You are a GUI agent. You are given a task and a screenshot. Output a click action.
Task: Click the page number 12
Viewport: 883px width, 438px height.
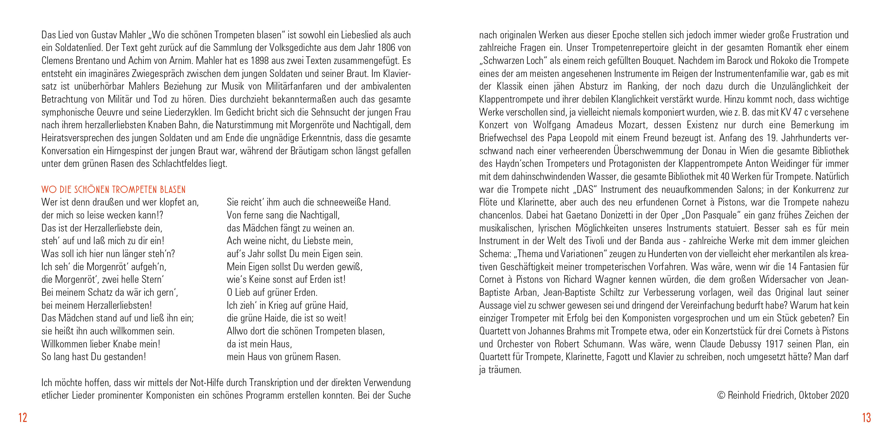[x=23, y=417]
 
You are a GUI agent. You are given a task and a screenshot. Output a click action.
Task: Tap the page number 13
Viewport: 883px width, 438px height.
[x=866, y=417]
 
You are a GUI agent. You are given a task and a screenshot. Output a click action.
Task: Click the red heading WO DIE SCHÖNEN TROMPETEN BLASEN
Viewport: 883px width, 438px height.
[x=113, y=190]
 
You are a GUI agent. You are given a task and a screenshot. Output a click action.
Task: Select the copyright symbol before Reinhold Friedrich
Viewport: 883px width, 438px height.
[x=721, y=395]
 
